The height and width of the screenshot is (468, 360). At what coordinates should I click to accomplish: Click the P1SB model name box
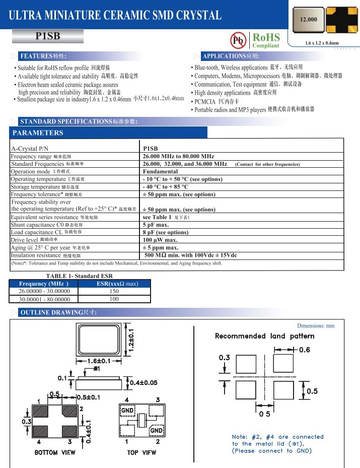pyautogui.click(x=48, y=36)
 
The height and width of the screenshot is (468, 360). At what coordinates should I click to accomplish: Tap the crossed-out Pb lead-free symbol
pyautogui.click(x=237, y=40)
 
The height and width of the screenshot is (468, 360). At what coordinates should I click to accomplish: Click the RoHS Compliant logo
pyautogui.click(x=265, y=40)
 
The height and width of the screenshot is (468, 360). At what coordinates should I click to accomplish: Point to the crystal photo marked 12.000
pyautogui.click(x=309, y=20)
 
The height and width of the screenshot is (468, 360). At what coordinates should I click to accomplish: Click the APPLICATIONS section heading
pyautogui.click(x=230, y=56)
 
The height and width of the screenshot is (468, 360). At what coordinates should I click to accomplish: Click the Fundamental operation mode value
pyautogui.click(x=160, y=172)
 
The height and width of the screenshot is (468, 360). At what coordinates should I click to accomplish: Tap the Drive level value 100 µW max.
pyautogui.click(x=161, y=240)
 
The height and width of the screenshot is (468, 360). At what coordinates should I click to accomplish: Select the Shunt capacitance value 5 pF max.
pyautogui.click(x=156, y=225)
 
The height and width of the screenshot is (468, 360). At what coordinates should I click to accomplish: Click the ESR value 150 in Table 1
pyautogui.click(x=114, y=291)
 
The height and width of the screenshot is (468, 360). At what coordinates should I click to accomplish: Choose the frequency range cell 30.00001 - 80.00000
pyautogui.click(x=44, y=299)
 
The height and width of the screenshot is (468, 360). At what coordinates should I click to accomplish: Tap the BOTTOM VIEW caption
pyautogui.click(x=55, y=452)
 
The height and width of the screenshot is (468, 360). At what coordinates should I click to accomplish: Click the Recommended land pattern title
pyautogui.click(x=264, y=336)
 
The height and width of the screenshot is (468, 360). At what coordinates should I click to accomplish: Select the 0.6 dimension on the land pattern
pyautogui.click(x=304, y=350)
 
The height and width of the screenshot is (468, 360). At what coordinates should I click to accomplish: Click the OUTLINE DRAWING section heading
pyautogui.click(x=58, y=313)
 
